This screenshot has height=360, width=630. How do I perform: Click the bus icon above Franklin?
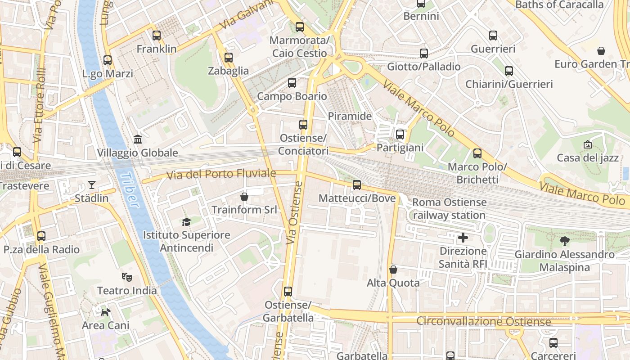point(156,36)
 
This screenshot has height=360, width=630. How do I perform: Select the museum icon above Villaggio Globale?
point(138,139)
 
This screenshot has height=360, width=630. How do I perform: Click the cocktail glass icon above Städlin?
point(92,185)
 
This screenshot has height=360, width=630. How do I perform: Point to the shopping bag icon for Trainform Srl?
point(244,197)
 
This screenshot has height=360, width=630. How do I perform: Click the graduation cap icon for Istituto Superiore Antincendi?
point(186,222)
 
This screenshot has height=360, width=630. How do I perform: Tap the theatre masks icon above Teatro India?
point(127,277)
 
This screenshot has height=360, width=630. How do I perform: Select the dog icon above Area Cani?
point(105,312)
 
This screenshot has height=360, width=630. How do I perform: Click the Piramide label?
point(350,116)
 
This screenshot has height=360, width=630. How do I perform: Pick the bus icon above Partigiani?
point(400,135)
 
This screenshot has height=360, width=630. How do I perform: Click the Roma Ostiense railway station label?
point(449,209)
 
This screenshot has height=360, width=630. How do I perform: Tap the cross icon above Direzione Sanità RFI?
point(463,238)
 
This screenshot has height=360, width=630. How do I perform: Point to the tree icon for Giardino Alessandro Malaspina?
point(564,241)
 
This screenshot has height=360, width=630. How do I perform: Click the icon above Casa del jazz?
point(587,144)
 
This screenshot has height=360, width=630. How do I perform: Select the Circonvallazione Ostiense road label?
point(483,322)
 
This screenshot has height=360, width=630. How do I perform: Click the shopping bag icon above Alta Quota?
point(393,270)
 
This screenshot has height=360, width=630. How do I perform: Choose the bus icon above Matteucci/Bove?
point(357,185)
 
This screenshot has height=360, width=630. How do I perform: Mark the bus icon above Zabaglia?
point(228,58)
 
